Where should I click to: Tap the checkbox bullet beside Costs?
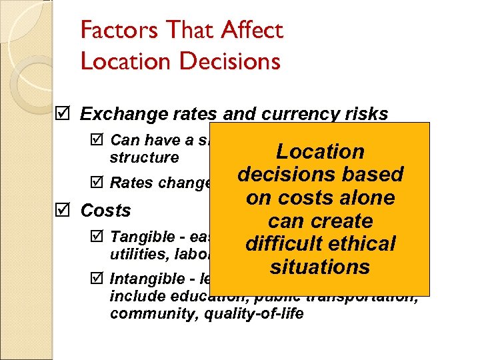pos(61,211)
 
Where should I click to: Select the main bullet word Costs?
pos(105,211)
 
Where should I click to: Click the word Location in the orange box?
pos(321,151)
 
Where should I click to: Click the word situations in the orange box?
pos(321,267)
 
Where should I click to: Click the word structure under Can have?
pos(145,157)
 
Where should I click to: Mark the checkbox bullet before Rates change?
pos(98,183)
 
